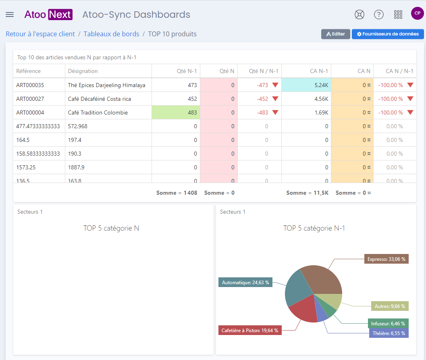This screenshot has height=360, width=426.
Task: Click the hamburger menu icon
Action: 10,15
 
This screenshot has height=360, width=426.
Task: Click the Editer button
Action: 336,34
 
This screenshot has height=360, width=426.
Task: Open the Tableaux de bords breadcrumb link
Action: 111,34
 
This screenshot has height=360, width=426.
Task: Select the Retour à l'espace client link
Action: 40,34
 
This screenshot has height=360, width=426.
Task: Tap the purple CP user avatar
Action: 417,13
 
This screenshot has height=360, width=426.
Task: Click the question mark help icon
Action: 379,15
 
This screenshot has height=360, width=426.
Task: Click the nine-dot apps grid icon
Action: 398,15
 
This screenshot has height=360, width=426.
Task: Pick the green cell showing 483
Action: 176,112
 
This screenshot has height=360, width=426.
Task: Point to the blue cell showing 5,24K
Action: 306,85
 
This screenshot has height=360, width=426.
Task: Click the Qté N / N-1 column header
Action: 264,71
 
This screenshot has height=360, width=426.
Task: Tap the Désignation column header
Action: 83,71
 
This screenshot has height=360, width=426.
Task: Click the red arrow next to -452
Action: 275,98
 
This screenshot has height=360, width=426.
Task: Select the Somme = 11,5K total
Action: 307,193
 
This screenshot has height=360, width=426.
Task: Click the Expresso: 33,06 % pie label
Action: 387,259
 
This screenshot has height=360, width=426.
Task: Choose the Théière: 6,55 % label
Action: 389,333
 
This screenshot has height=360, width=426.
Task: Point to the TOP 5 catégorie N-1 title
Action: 314,228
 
